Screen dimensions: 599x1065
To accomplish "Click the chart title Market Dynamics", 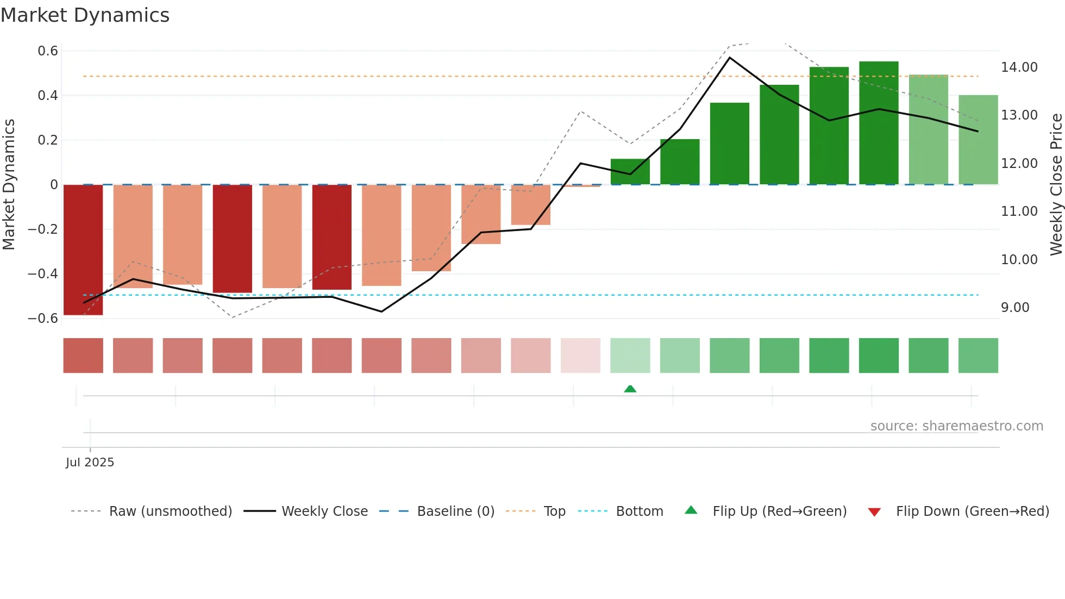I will click(x=85, y=15).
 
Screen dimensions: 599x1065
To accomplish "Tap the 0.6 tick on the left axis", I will click(x=48, y=51).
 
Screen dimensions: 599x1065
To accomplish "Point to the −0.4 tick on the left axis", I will click(x=43, y=274).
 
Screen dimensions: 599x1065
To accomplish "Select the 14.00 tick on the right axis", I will click(x=1019, y=67).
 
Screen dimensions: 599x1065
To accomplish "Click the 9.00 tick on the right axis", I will click(x=1015, y=308).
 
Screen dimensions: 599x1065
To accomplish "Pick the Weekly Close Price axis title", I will click(x=1056, y=185).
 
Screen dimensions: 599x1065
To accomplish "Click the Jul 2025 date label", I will click(x=90, y=463).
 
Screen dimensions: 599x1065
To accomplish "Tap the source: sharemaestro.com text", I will click(x=956, y=426).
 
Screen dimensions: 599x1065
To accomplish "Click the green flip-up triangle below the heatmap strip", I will click(x=630, y=389).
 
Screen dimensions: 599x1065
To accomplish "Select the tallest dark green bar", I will click(x=879, y=123).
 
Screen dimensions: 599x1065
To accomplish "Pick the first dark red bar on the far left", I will click(x=83, y=249).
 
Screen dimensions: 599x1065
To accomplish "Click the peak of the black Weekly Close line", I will click(x=730, y=58).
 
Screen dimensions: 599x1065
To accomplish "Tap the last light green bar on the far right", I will click(x=978, y=140).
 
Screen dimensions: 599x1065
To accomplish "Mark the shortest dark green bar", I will click(x=630, y=172).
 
